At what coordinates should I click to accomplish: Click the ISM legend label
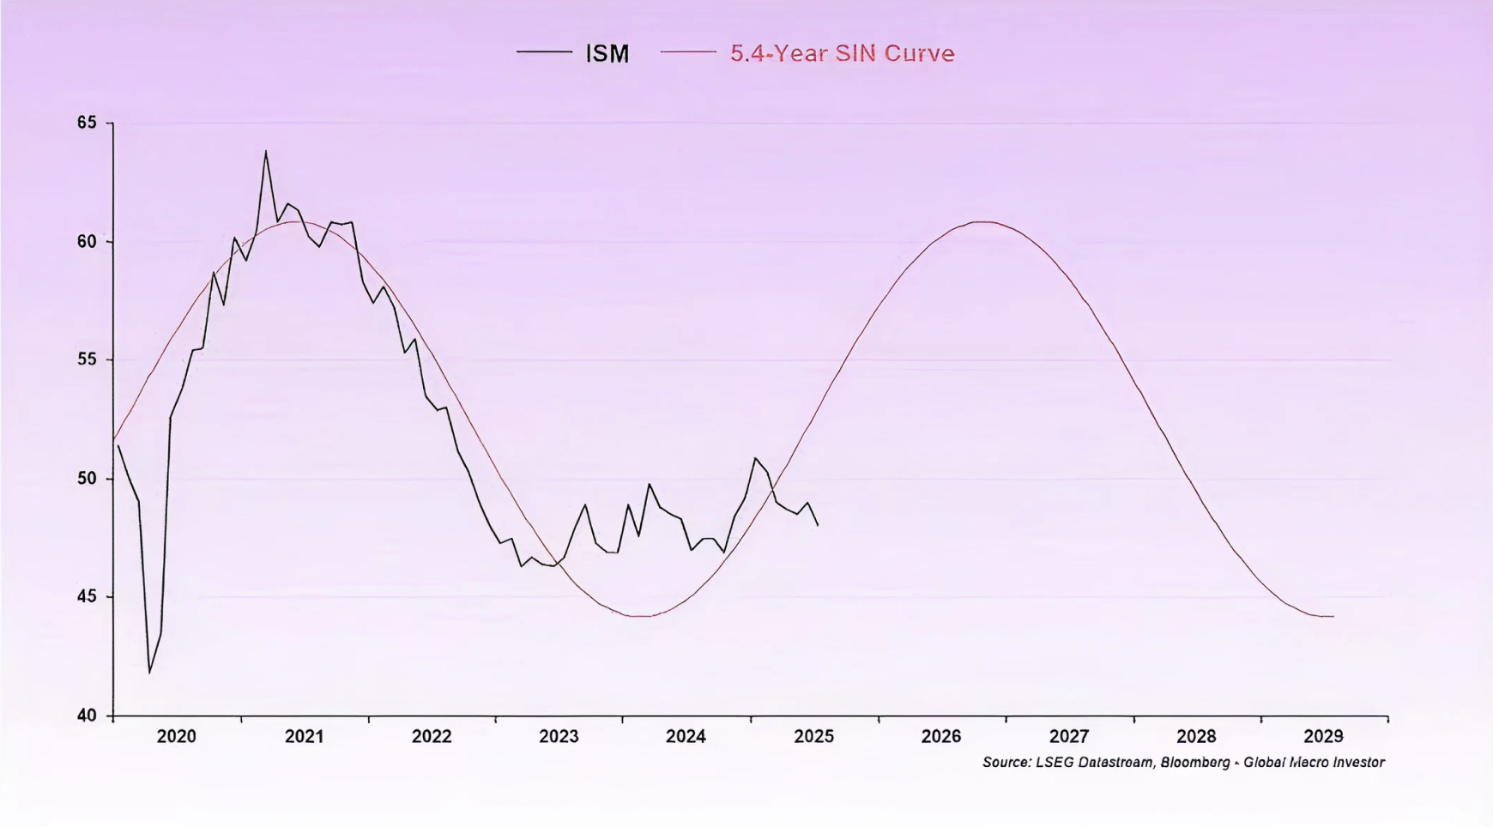coord(607,53)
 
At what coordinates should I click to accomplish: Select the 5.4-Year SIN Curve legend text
coord(842,53)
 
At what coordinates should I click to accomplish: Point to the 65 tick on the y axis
coord(87,123)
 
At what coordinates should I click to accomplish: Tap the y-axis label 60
coord(87,241)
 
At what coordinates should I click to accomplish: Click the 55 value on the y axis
coord(87,359)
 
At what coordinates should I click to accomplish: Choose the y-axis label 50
coord(87,478)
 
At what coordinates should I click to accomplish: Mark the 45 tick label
coord(87,596)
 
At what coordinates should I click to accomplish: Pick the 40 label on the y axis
coord(87,715)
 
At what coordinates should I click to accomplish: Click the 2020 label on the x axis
coord(176,736)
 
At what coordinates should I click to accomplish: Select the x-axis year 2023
coord(559,736)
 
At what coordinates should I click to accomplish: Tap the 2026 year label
coord(941,736)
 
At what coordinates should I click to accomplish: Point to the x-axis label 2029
coord(1323,736)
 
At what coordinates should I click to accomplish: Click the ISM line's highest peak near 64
coord(266,152)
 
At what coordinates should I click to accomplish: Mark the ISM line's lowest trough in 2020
coord(149,672)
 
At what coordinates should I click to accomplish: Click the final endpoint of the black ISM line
coord(818,525)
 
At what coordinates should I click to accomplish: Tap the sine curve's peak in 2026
coord(983,222)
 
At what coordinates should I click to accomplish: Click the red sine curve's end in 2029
coord(1333,616)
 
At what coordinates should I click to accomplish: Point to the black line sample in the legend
coord(544,52)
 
